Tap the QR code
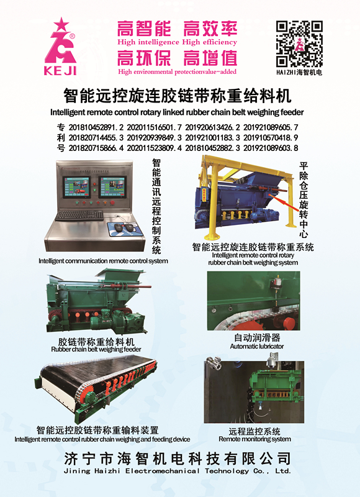299,43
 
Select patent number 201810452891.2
96,127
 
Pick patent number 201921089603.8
271,148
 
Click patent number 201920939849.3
154,138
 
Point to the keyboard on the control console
79,215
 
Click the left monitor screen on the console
76,188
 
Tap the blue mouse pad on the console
124,229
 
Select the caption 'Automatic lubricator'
257,347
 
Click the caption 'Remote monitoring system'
254,439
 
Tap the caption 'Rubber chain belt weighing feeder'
96,349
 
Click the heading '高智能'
144,29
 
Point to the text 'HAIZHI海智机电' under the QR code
299,72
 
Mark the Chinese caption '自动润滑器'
257,338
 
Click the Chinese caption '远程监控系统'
254,431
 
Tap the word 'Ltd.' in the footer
283,471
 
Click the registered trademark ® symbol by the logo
72,37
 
